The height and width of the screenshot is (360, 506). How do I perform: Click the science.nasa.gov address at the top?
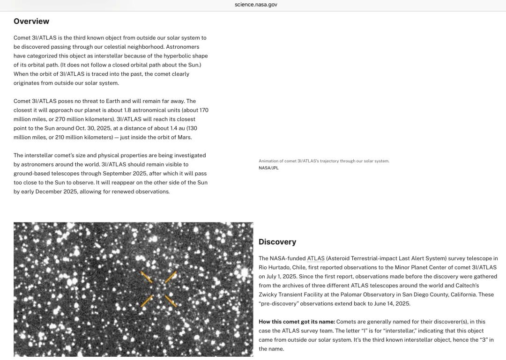256,5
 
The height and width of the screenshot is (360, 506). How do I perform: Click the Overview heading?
31,21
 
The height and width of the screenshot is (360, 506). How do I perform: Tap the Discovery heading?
277,242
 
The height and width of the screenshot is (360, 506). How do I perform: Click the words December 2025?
56,191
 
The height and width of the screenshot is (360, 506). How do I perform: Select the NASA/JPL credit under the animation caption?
268,168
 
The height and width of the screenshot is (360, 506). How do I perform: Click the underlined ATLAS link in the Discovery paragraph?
316,258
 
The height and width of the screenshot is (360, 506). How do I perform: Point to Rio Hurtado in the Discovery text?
275,267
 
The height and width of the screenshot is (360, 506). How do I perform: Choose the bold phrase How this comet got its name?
297,322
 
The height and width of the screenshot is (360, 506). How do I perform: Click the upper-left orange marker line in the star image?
147,277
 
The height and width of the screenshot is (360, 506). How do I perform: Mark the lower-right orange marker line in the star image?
171,301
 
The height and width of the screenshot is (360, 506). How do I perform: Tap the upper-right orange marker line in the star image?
171,277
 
